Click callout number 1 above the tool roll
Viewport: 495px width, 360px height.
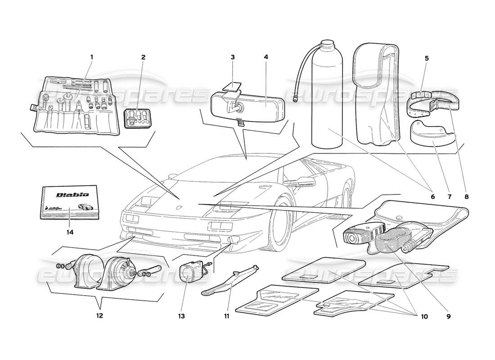pos(91,57)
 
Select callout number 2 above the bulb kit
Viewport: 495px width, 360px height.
pos(143,57)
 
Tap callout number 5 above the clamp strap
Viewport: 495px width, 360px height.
pos(426,58)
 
